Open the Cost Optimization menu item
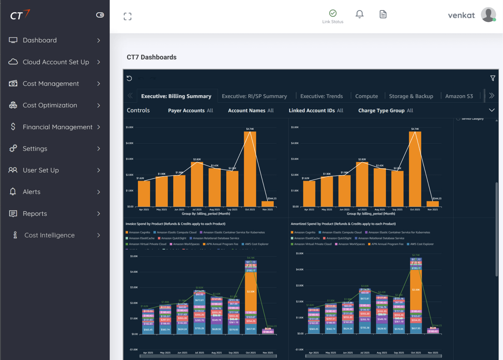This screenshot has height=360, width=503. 50,105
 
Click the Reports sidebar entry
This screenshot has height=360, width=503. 35,214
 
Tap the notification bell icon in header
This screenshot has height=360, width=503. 359,14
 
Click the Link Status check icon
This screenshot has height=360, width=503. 333,13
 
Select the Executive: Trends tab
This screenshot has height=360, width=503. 321,96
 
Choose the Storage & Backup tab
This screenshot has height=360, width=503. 411,96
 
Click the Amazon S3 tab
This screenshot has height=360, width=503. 459,96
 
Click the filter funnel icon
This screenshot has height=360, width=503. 492,78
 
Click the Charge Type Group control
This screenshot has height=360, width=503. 385,111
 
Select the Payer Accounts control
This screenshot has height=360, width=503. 190,111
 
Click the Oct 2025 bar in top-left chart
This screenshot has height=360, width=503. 250,168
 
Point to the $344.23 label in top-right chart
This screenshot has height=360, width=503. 437,198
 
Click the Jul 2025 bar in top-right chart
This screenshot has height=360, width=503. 362,184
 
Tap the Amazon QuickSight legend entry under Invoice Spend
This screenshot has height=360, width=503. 173,238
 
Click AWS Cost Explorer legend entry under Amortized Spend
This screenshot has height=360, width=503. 422,244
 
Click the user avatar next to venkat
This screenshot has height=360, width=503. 488,15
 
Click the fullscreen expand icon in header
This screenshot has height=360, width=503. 127,17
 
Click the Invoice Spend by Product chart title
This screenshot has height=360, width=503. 175,224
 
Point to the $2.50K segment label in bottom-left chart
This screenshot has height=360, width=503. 251,292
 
